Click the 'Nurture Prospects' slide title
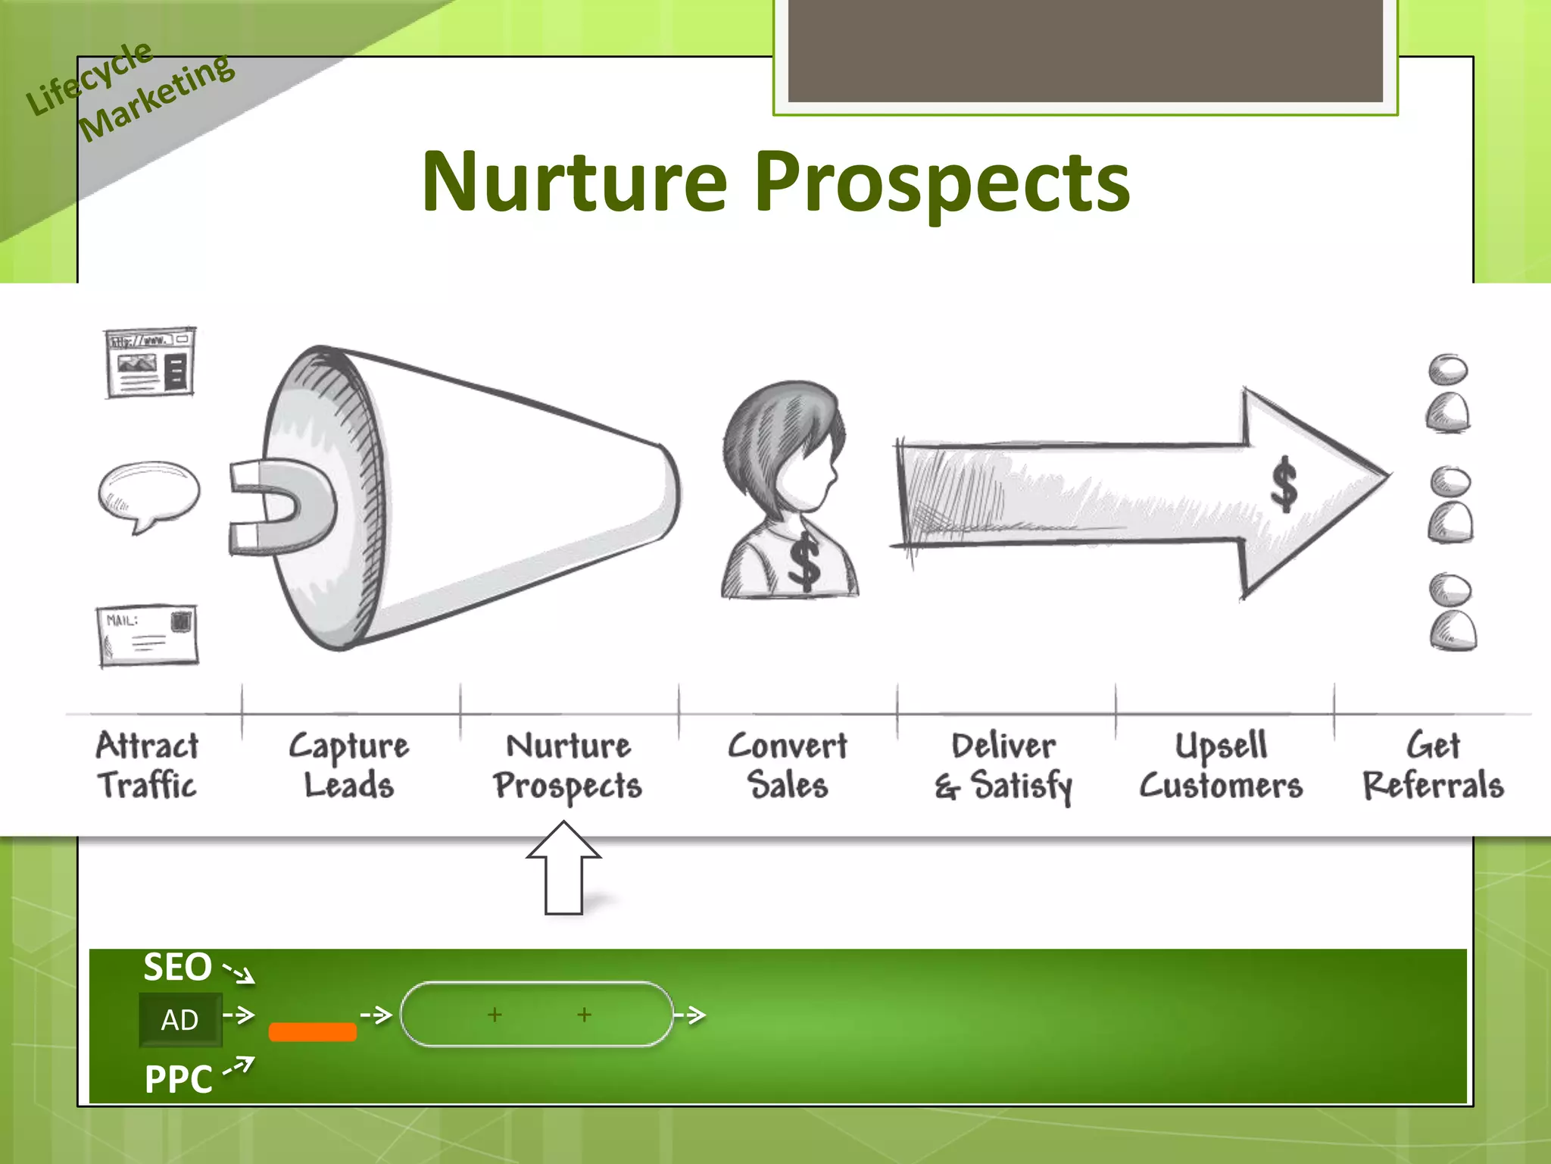pos(775,182)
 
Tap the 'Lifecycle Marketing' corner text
pos(129,91)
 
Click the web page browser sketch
pos(150,362)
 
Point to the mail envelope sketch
pos(148,635)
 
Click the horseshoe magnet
pos(280,508)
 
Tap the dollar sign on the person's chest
pos(804,561)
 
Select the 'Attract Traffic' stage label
pos(147,765)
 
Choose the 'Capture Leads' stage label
pos(349,765)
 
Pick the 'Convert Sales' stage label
pos(788,765)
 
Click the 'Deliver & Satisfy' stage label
pos(1003,765)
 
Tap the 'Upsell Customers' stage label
pos(1222,765)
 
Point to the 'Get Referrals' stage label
pos(1434,765)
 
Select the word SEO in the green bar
pos(178,968)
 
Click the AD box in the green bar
pos(180,1020)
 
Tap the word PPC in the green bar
pos(179,1079)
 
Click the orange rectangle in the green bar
pos(313,1032)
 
